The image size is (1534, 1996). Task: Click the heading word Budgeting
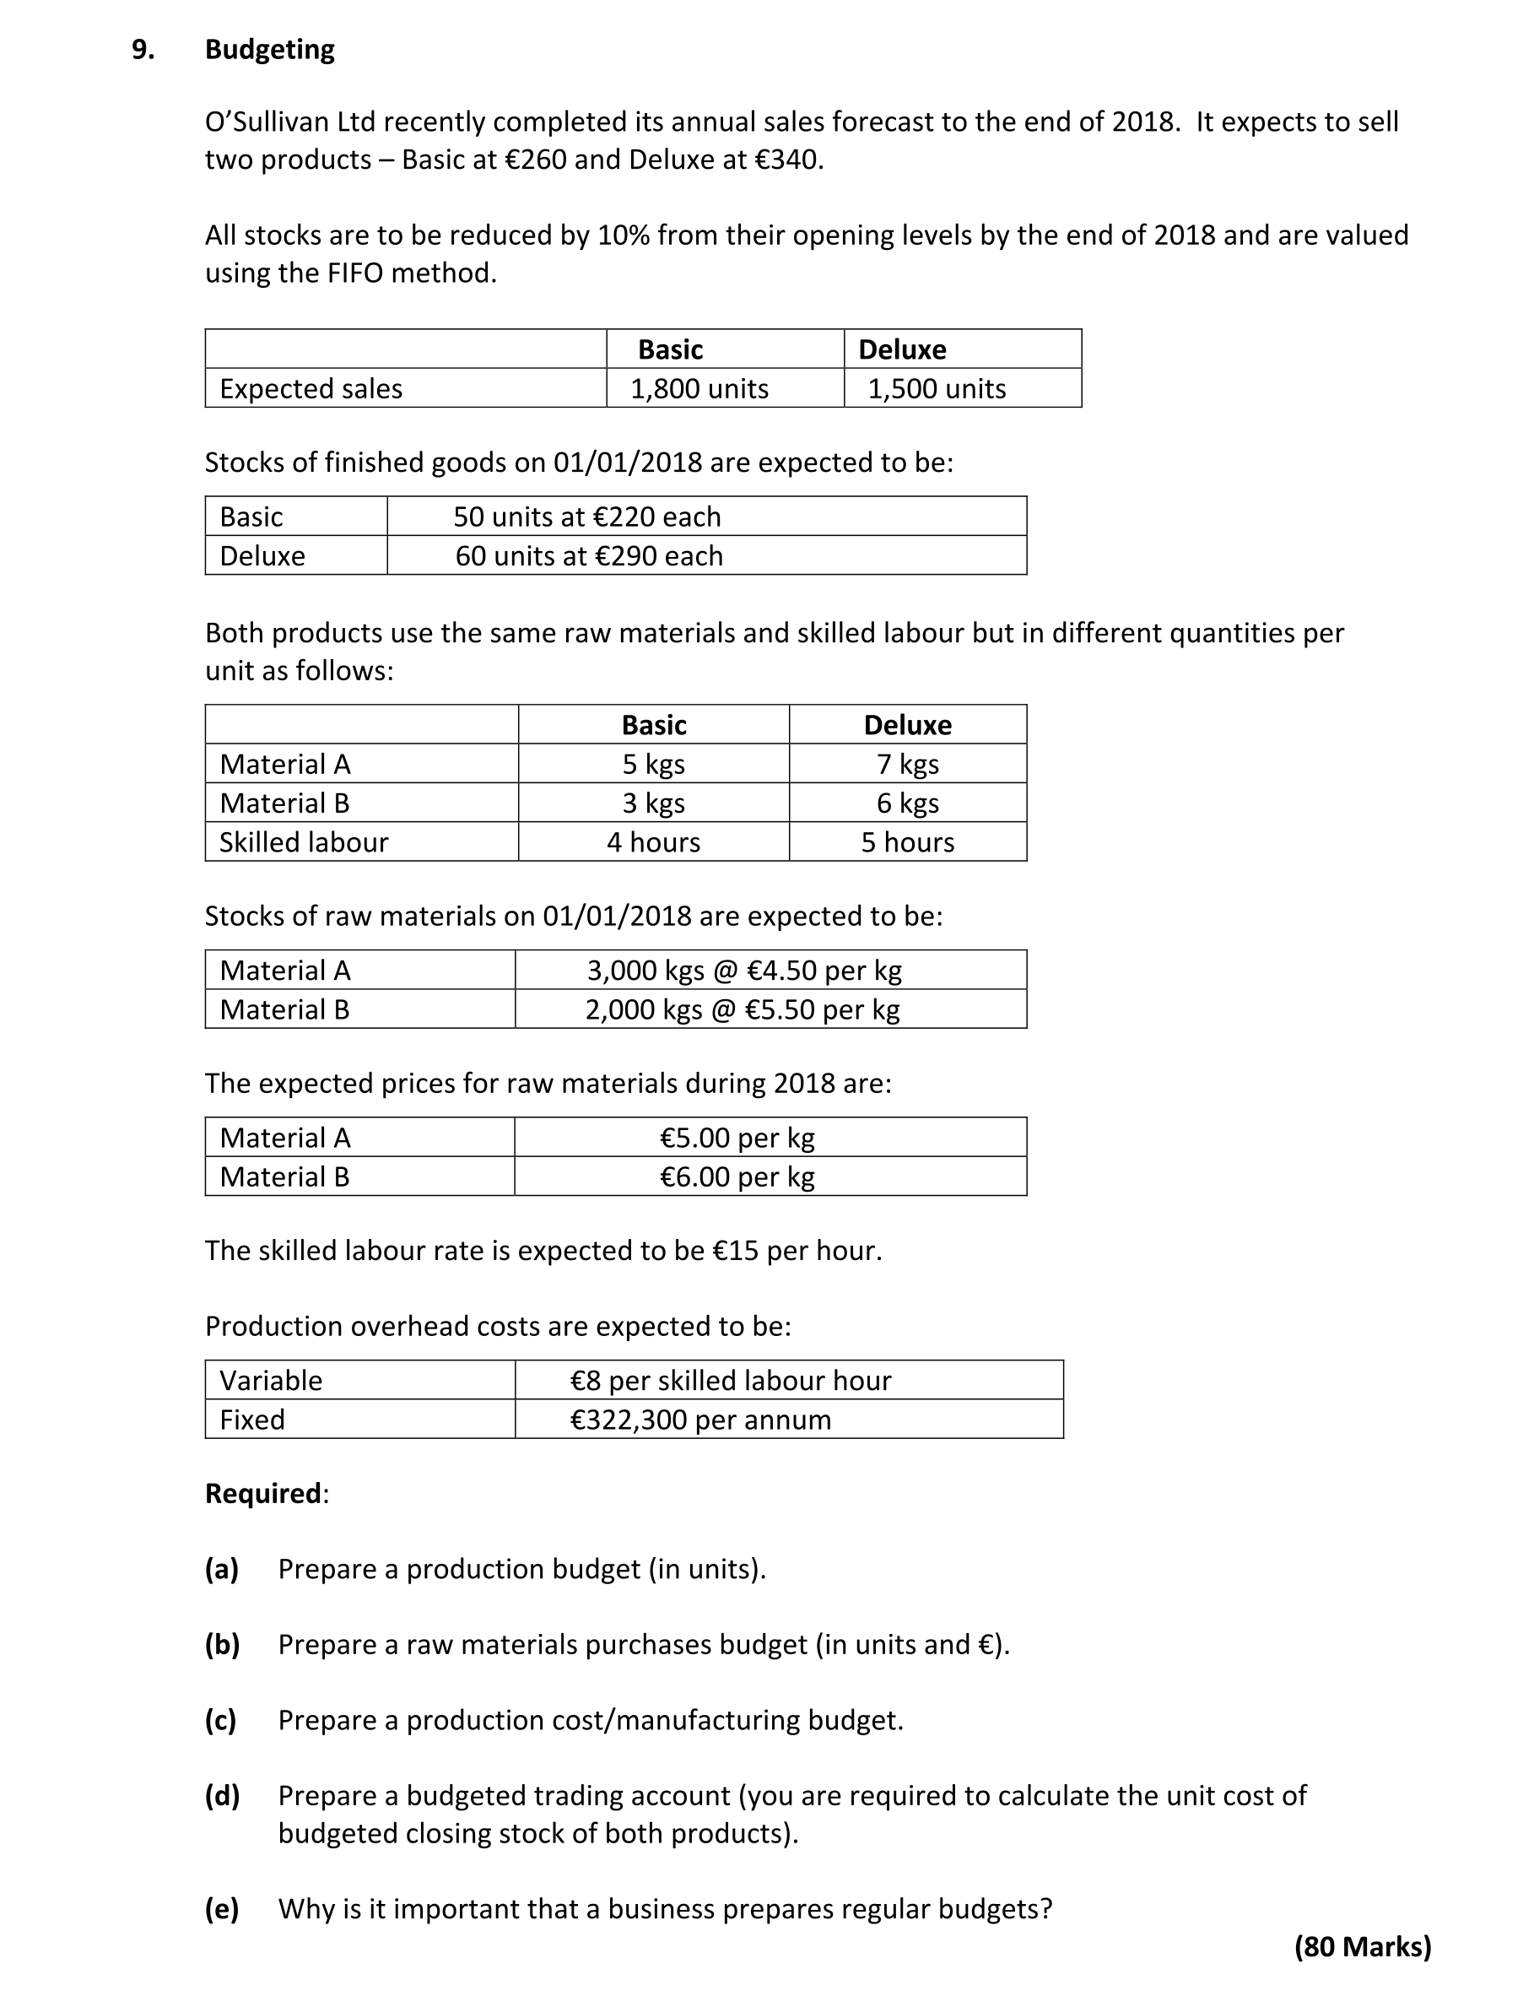[x=269, y=49]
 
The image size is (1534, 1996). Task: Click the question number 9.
[x=143, y=49]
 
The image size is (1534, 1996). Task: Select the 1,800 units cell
[x=699, y=389]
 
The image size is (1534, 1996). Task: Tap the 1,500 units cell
[x=937, y=389]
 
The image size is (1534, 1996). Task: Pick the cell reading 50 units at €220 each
[x=587, y=517]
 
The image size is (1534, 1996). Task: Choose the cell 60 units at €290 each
[x=589, y=556]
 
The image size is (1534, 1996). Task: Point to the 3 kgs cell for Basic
[x=654, y=803]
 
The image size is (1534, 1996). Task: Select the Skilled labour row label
[x=304, y=841]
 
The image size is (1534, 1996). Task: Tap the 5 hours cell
[x=908, y=841]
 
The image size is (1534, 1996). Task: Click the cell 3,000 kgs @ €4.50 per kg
[x=744, y=971]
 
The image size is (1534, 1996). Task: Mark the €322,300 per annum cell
[x=700, y=1420]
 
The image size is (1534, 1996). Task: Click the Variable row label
[x=271, y=1381]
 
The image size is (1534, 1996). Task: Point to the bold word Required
[x=263, y=1494]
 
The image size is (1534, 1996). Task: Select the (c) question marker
[x=221, y=1720]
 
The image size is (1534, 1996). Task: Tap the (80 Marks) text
[x=1363, y=1948]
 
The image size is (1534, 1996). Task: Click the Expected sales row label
[x=311, y=389]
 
